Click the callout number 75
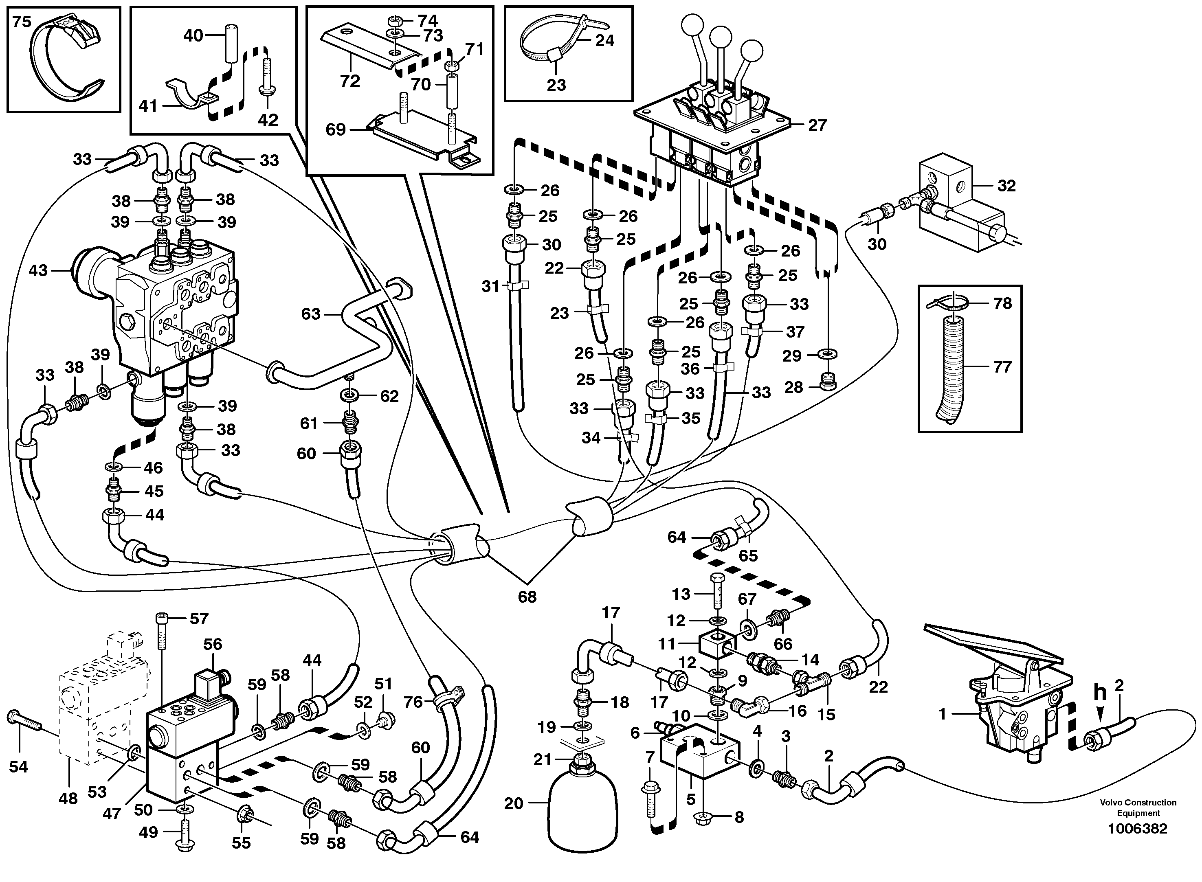point(22,22)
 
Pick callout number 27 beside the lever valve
point(817,125)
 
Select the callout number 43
point(38,271)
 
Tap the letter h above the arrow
point(1100,693)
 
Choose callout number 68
point(527,597)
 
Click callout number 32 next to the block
point(1006,186)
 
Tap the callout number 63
point(311,314)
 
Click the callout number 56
point(213,645)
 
